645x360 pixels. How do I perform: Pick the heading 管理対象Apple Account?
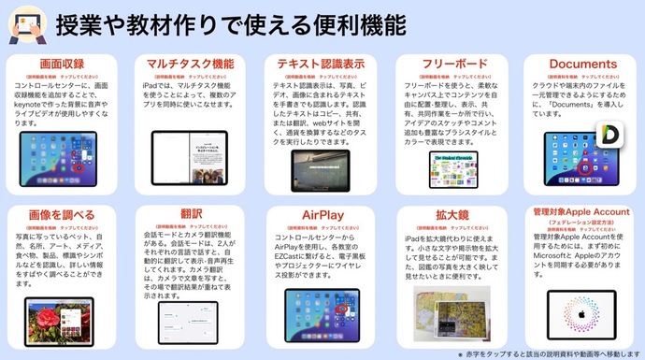pos(580,211)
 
